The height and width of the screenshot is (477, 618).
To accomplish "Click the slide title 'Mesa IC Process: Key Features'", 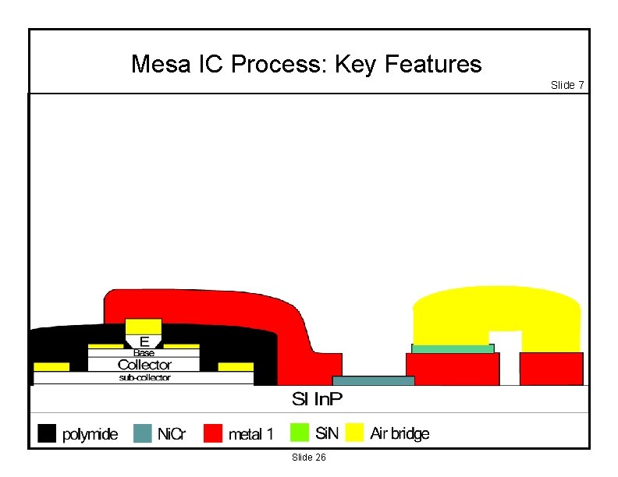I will [x=306, y=64].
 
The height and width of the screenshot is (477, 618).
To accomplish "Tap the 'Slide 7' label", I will [x=567, y=85].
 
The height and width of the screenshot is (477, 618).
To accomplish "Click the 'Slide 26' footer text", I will [x=308, y=457].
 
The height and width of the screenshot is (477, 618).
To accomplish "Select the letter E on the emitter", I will [x=144, y=341].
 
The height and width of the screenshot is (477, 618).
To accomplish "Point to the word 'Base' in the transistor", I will [x=144, y=353].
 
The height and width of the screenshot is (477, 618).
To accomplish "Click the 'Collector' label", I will [x=144, y=364].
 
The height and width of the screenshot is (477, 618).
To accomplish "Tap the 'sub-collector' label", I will [x=144, y=378].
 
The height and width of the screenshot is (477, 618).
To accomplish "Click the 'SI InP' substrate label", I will [x=317, y=399].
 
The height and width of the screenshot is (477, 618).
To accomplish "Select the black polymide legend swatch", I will [x=47, y=433].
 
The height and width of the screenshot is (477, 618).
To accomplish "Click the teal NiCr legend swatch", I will [x=143, y=433].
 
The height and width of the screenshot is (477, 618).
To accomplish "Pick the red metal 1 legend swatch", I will [x=214, y=433].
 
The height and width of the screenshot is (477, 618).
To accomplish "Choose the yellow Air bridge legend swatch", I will [x=355, y=433].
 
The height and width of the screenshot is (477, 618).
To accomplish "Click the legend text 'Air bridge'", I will [x=400, y=433].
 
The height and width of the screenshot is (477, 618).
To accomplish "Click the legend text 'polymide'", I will [x=90, y=434].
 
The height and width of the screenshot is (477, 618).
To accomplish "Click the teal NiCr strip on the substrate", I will [x=373, y=380].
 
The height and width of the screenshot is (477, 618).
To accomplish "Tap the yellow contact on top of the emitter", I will [x=144, y=326].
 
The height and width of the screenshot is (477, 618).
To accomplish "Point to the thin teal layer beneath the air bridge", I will [x=453, y=348].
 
